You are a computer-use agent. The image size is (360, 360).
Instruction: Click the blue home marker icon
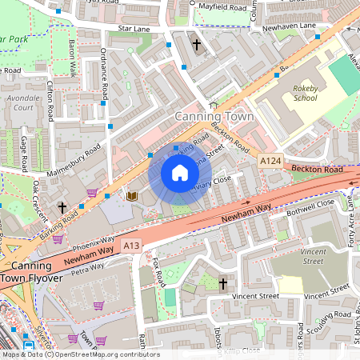tap(180, 173)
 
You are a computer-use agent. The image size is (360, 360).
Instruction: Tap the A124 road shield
tap(270, 162)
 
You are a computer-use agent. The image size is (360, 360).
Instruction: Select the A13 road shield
tap(132, 246)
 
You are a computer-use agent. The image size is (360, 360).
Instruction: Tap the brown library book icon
tap(131, 195)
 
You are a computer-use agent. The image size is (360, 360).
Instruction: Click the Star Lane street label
tap(134, 28)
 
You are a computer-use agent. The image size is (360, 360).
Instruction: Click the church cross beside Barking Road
tap(62, 207)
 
